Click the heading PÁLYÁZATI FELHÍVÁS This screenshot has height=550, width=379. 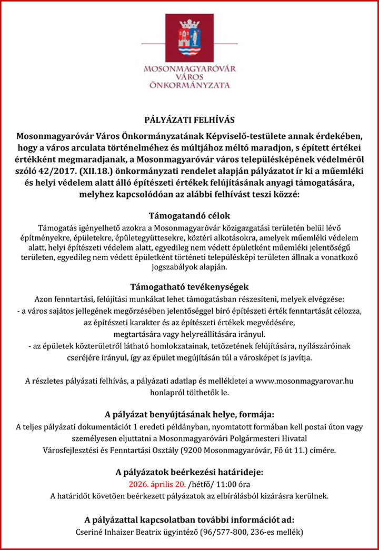pyautogui.click(x=189, y=120)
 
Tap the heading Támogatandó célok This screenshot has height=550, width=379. pyautogui.click(x=189, y=216)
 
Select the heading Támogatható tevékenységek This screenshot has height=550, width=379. pyautogui.click(x=189, y=287)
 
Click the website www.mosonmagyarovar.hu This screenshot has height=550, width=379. pyautogui.click(x=304, y=381)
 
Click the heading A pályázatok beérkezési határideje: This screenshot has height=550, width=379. pyautogui.click(x=189, y=472)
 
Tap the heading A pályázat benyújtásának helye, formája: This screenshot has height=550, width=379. pyautogui.click(x=189, y=414)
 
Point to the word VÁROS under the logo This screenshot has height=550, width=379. pyautogui.click(x=189, y=76)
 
